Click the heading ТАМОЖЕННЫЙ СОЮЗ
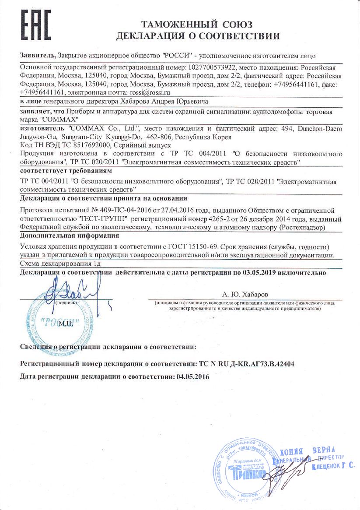tap(196, 24)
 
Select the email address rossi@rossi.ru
tap(148, 93)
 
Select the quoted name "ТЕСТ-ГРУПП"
tap(103, 218)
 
